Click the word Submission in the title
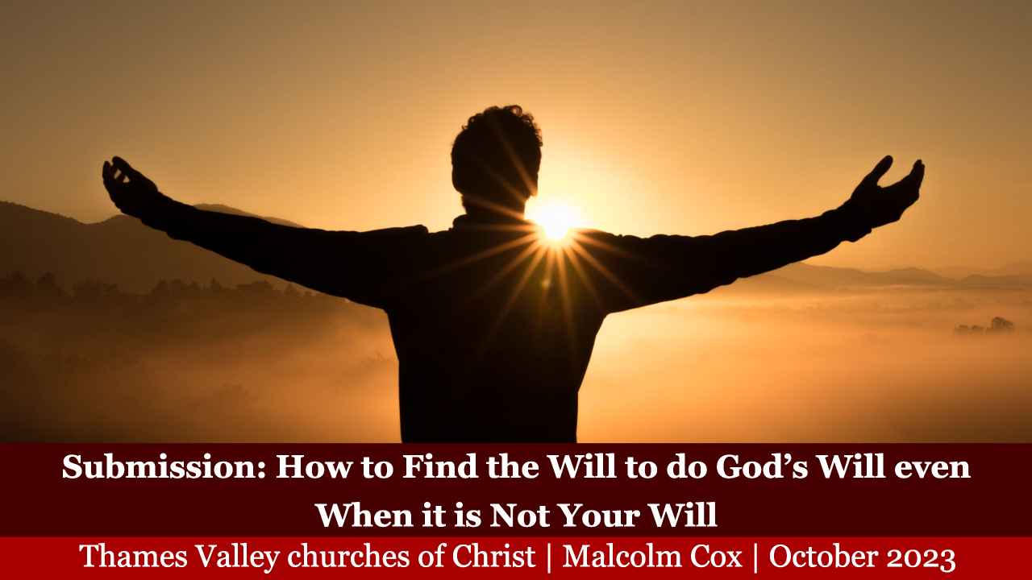point(164,466)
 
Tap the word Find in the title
point(439,466)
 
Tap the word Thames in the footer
point(134,557)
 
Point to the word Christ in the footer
point(493,557)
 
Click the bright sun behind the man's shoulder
point(556,223)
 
